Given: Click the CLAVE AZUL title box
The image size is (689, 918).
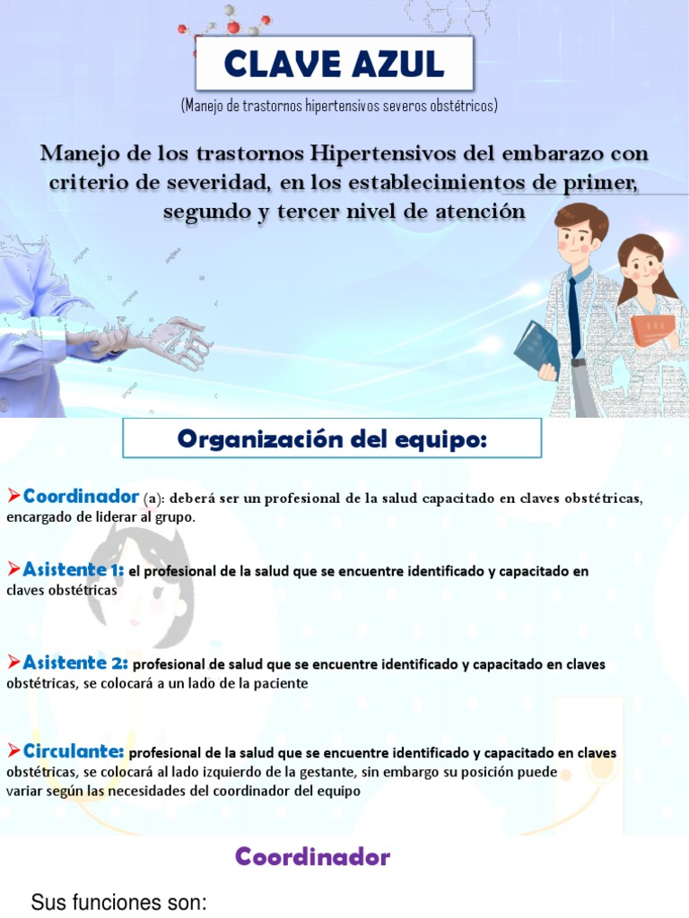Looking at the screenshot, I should tap(334, 64).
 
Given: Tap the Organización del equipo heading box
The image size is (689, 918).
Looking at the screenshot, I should tap(332, 439).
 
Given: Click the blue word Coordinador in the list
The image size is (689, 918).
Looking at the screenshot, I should tap(81, 496).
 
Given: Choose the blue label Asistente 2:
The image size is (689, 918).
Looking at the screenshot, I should tap(75, 663).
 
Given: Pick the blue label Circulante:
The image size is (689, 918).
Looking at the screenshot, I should tap(74, 750).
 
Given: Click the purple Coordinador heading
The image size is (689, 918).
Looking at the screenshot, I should tap(312, 857).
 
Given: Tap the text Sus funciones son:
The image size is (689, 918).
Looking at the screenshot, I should tap(119, 902).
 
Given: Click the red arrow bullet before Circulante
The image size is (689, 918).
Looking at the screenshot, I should tap(13, 749).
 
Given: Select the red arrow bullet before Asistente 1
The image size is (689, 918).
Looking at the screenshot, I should tap(13, 568).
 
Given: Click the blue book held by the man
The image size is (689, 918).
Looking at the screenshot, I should tap(536, 349).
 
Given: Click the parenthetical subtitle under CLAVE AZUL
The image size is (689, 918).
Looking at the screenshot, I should tap(338, 106).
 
